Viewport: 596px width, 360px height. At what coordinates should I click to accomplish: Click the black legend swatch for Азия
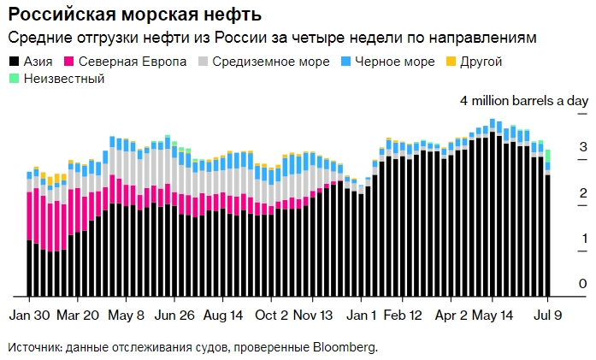click(x=14, y=62)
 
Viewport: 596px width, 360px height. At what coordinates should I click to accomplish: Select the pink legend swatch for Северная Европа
click(x=69, y=62)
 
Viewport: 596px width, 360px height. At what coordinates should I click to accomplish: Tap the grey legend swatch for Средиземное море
click(x=204, y=62)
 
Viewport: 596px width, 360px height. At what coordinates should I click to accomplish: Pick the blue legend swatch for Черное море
click(x=346, y=62)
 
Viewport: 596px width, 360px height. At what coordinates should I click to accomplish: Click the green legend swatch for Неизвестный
click(x=14, y=79)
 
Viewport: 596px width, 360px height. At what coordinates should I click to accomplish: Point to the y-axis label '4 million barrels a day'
click(x=524, y=101)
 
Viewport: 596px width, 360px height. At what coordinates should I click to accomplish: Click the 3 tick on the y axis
click(x=582, y=147)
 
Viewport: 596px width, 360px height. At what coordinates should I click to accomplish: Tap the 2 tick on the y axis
click(x=582, y=192)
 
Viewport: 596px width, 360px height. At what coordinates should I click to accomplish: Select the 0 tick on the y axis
click(x=582, y=284)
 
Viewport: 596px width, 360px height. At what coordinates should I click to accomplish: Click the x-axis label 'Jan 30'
click(x=32, y=314)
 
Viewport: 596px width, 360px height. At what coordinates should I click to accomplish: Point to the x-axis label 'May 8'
click(x=127, y=314)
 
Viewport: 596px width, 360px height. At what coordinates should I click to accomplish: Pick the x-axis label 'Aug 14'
click(x=223, y=314)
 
